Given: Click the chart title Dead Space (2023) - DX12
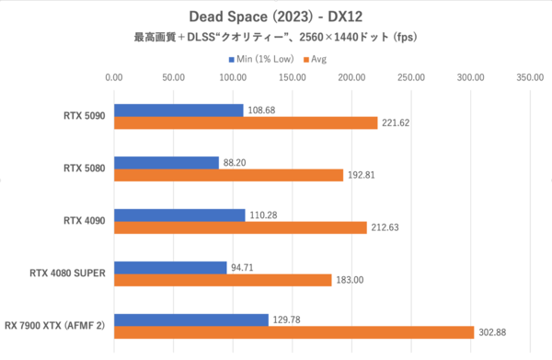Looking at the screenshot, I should coord(275,16).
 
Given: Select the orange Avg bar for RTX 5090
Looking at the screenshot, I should coord(246,123).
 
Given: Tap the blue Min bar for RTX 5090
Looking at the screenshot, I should coord(178,110).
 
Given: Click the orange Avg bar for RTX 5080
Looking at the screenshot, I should coord(228,175).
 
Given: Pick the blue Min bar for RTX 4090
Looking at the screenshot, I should coord(179,215).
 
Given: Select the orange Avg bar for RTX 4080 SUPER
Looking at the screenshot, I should coord(223,280).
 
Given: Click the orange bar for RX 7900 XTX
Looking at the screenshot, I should coord(293,332).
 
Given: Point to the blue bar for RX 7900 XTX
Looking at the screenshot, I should coord(190,319).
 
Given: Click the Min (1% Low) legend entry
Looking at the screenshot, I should coord(262,59).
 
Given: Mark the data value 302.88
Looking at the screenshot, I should coord(493,332).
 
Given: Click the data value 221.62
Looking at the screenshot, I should coord(397,123).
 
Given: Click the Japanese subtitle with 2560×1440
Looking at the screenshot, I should coord(275,39).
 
